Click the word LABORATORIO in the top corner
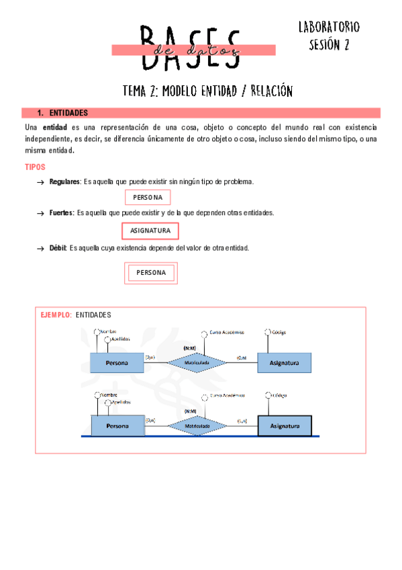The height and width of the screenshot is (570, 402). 329,27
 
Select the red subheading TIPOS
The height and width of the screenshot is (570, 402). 35,167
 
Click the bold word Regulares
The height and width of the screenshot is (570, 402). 64,182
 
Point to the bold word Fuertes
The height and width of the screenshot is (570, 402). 62,212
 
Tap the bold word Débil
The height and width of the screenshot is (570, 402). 58,248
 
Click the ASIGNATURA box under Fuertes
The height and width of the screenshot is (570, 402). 150,231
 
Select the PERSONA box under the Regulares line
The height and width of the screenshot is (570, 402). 148,197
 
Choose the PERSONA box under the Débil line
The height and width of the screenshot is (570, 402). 151,272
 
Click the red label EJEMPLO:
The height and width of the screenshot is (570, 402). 56,315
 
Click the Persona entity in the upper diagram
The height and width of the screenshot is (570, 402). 117,363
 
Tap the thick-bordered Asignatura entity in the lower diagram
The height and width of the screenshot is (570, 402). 284,426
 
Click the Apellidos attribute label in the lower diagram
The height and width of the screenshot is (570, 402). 121,402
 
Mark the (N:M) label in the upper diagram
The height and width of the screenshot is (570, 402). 189,348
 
